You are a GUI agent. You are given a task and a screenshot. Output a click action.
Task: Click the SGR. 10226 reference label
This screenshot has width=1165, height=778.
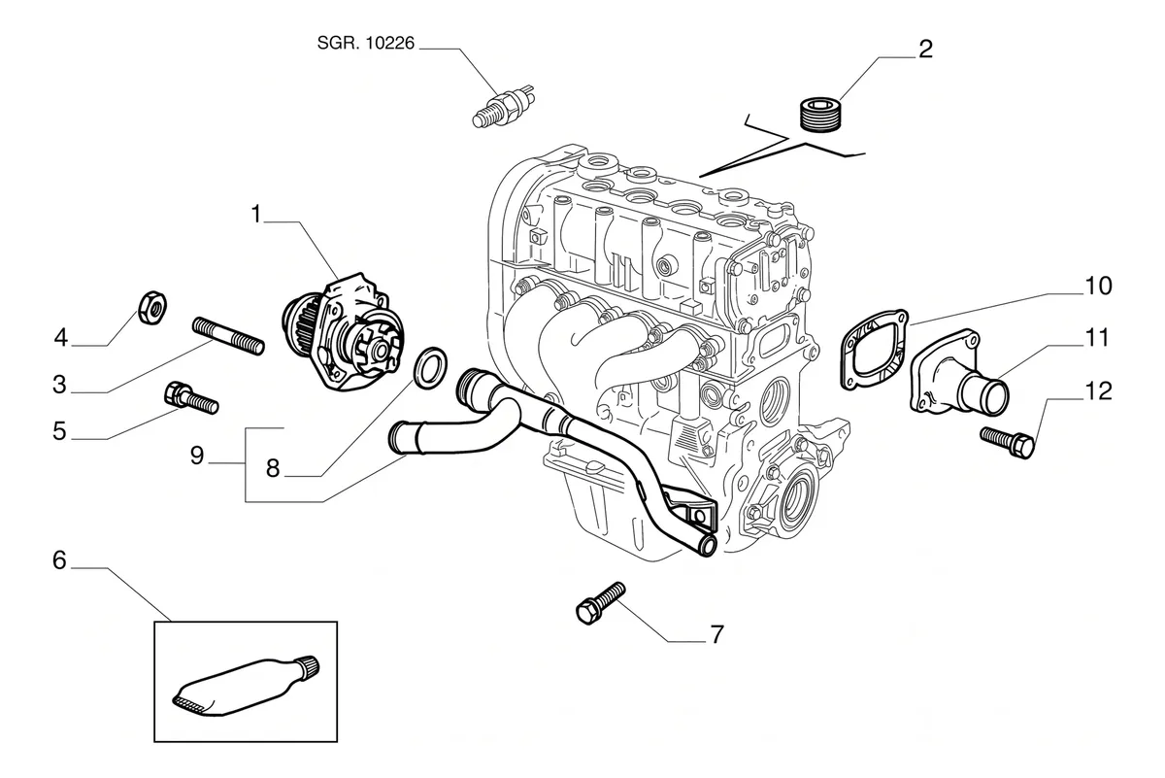(366, 43)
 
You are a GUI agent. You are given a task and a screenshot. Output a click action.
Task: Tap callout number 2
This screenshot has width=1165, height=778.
(926, 50)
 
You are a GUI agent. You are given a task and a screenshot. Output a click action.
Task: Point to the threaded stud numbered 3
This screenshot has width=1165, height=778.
(228, 336)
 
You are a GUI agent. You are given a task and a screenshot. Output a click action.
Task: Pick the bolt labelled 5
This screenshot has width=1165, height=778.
(191, 397)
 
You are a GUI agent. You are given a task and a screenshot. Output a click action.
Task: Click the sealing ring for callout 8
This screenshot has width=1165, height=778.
(429, 367)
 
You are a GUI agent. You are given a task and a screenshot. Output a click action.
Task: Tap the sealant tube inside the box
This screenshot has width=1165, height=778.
(246, 686)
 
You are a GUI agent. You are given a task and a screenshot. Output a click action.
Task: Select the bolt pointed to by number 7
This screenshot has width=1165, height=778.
(601, 603)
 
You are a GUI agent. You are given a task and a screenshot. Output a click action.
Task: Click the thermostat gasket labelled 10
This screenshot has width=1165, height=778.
(874, 350)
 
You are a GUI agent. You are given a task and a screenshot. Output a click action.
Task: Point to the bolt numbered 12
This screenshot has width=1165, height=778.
(1007, 442)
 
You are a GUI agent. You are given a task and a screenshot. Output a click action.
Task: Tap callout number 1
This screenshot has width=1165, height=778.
(256, 214)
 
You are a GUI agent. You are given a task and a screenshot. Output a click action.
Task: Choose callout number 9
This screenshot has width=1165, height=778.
(197, 456)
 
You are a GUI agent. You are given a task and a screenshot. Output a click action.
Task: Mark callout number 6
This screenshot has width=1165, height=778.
(60, 560)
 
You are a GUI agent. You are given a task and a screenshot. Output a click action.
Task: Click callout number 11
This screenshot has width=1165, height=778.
(1097, 338)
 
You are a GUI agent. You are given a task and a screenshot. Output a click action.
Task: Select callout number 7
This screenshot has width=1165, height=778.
(717, 635)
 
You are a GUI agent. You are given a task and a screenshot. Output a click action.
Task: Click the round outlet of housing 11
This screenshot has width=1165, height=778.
(992, 397)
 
